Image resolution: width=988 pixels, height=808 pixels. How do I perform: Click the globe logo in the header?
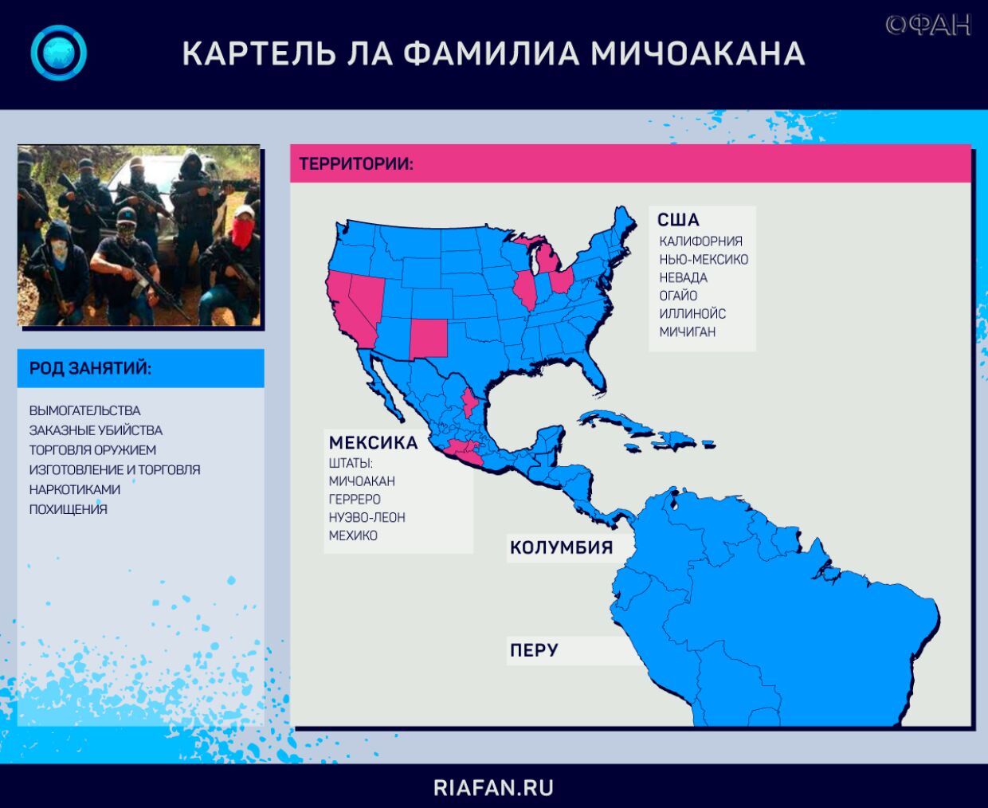click(x=58, y=53)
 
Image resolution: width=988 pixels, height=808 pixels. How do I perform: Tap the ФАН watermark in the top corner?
click(x=928, y=25)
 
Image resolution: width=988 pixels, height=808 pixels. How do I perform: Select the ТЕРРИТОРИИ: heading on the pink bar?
click(x=356, y=164)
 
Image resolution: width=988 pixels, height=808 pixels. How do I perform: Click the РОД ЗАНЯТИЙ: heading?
click(x=90, y=368)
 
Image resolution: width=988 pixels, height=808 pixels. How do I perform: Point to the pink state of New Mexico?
click(x=429, y=339)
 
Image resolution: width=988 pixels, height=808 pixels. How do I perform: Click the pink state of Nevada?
click(x=369, y=299)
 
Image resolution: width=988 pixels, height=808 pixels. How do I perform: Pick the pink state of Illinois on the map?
click(x=526, y=289)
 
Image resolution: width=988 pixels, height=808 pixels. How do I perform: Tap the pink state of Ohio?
click(x=561, y=280)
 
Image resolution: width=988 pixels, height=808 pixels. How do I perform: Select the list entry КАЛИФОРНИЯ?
click(x=700, y=241)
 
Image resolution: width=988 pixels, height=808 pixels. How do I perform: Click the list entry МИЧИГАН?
click(x=688, y=331)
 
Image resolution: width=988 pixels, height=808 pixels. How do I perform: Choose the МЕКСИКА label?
click(x=374, y=442)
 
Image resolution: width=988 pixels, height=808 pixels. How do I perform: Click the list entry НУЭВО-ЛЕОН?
click(x=367, y=517)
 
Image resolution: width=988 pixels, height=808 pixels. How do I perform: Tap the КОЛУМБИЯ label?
click(x=561, y=547)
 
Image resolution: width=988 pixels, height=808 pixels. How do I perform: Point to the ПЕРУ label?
click(x=534, y=650)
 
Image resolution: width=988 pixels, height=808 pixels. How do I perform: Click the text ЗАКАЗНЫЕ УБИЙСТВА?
click(x=96, y=430)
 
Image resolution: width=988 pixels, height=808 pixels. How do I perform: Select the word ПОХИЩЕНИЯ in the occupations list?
click(x=68, y=509)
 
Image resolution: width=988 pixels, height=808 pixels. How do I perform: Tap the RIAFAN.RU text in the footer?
click(x=494, y=788)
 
